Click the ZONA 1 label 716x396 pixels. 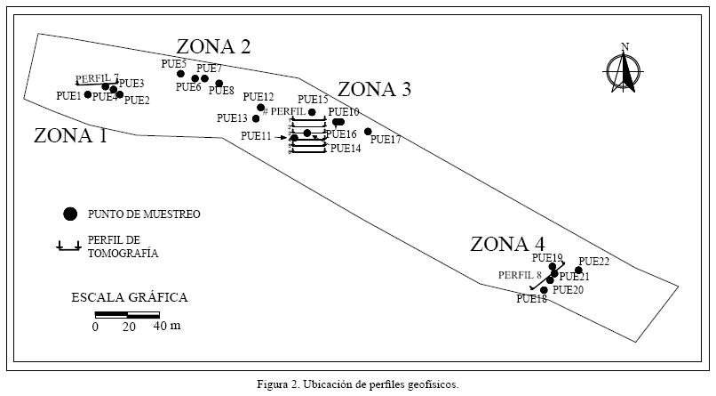click(x=70, y=135)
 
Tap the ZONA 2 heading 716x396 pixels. click(x=213, y=46)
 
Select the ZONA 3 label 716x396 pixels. click(x=374, y=89)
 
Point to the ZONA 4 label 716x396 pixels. click(x=507, y=244)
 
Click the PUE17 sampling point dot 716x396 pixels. click(x=368, y=132)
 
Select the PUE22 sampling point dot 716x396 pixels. click(x=578, y=270)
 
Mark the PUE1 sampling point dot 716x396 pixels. click(x=88, y=94)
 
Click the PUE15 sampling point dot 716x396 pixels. click(x=312, y=112)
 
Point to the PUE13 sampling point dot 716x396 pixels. click(x=256, y=118)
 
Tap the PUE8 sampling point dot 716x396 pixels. click(x=219, y=83)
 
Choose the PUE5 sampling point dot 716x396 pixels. click(x=180, y=74)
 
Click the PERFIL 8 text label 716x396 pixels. click(x=520, y=275)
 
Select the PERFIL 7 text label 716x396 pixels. click(x=97, y=77)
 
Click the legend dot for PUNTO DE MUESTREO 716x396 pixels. click(x=68, y=214)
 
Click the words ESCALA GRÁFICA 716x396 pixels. click(x=129, y=298)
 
